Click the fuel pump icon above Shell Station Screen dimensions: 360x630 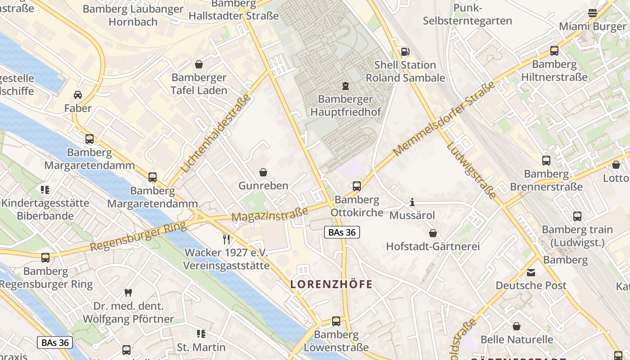[x=405, y=52]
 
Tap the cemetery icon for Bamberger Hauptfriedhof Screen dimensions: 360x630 [x=345, y=85]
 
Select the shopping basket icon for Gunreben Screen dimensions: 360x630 [x=263, y=172]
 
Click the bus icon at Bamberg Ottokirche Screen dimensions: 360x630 [x=357, y=186]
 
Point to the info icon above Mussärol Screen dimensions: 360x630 [x=412, y=202]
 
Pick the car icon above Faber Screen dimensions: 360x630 [x=78, y=95]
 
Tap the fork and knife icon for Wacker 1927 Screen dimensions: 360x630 [x=226, y=238]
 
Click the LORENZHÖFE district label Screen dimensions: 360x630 [x=332, y=284]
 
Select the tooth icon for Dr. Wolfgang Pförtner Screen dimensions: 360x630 [x=128, y=292]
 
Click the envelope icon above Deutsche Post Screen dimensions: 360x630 [x=531, y=272]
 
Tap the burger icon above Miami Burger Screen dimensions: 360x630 [x=593, y=13]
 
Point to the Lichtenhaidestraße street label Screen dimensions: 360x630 [x=216, y=134]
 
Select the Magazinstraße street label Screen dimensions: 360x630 [x=270, y=214]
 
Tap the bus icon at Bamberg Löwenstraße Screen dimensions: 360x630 [x=336, y=321]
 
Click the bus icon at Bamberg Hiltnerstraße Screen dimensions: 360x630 [x=554, y=51]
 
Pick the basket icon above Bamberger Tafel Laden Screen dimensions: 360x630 [x=199, y=64]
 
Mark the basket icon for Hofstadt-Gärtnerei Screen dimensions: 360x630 [x=433, y=233]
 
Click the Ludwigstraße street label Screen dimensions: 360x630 [x=471, y=171]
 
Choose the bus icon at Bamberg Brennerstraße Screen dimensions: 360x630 [x=546, y=161]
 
